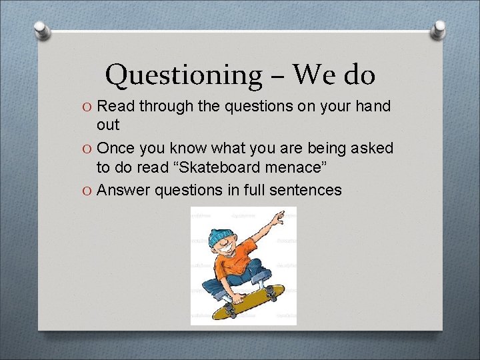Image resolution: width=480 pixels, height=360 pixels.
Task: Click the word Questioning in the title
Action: click(183, 75)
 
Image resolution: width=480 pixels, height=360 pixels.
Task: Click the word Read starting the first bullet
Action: click(117, 106)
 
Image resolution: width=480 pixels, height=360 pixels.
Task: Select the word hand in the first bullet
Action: click(373, 106)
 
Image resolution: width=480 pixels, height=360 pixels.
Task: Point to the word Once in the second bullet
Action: click(119, 148)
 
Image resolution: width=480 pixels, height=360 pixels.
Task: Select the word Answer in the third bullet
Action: click(123, 190)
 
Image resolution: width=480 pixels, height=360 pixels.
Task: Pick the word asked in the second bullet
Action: click(373, 148)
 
